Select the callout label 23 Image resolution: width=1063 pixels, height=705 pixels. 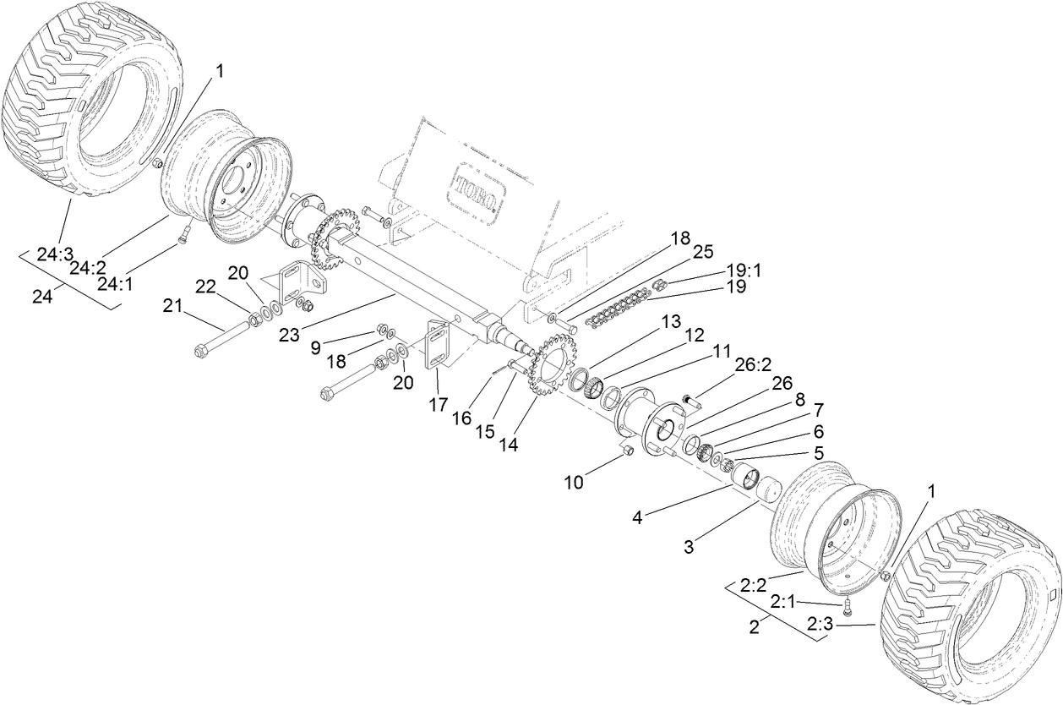pyautogui.click(x=290, y=335)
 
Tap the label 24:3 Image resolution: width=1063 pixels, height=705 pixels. pyautogui.click(x=56, y=252)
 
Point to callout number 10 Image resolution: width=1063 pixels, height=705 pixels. pyautogui.click(x=575, y=482)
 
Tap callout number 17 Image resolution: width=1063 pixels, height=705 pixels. pyautogui.click(x=437, y=405)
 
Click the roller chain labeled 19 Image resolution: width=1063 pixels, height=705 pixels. pyautogui.click(x=621, y=306)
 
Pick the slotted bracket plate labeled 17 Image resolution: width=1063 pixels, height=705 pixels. pyautogui.click(x=439, y=344)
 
